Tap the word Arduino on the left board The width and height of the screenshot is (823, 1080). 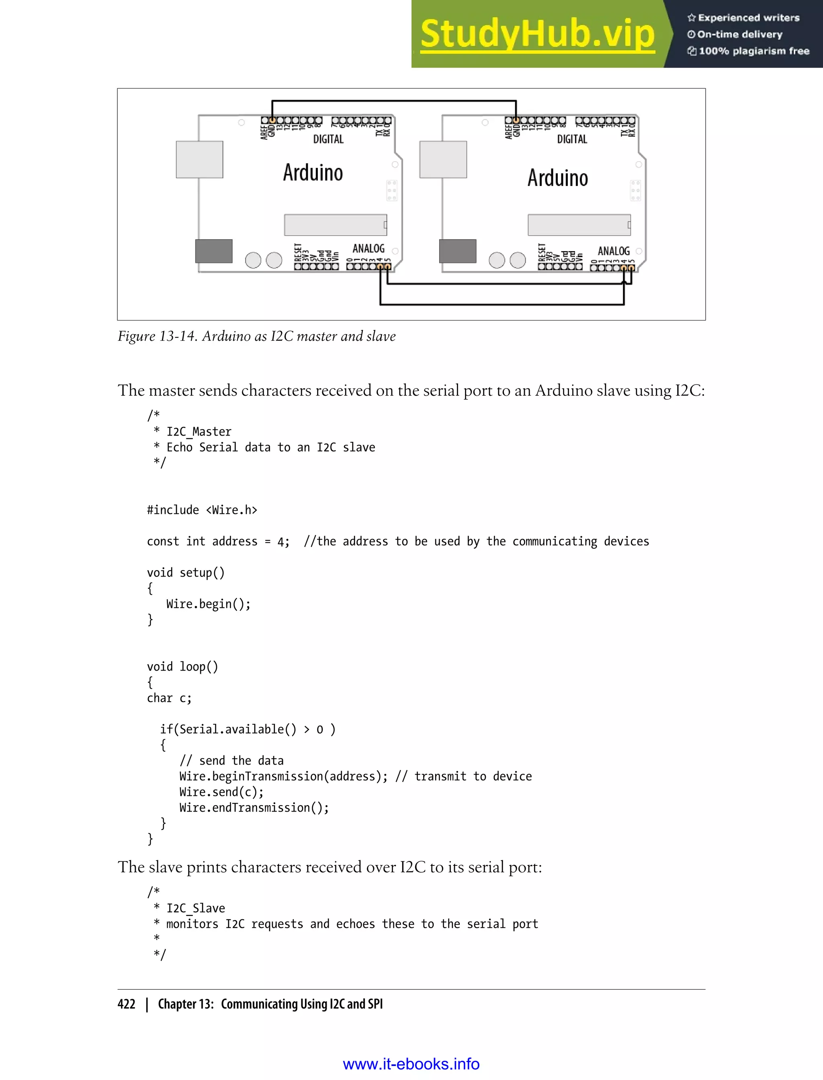[x=313, y=173]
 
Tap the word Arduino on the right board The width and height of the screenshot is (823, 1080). [x=557, y=178]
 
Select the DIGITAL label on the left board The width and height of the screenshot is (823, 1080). [x=328, y=139]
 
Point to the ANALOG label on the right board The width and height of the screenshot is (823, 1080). [x=613, y=251]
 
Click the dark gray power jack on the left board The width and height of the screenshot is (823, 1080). [x=214, y=251]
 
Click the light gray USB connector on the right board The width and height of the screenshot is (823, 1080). [x=443, y=160]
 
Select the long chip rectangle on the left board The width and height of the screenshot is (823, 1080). [x=336, y=225]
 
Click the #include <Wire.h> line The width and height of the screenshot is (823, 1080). [x=202, y=510]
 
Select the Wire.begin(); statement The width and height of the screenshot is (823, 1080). [x=208, y=604]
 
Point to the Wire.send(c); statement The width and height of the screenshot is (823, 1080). [x=221, y=792]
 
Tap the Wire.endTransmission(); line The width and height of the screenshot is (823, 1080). [x=254, y=808]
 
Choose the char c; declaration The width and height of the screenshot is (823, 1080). [x=169, y=698]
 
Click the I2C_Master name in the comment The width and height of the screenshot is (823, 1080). [x=199, y=432]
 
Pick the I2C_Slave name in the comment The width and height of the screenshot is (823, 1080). [x=195, y=908]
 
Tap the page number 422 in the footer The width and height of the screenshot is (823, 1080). [x=127, y=1004]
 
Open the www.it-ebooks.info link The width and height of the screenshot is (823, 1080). [x=411, y=1064]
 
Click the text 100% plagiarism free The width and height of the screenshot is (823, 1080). [x=753, y=51]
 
